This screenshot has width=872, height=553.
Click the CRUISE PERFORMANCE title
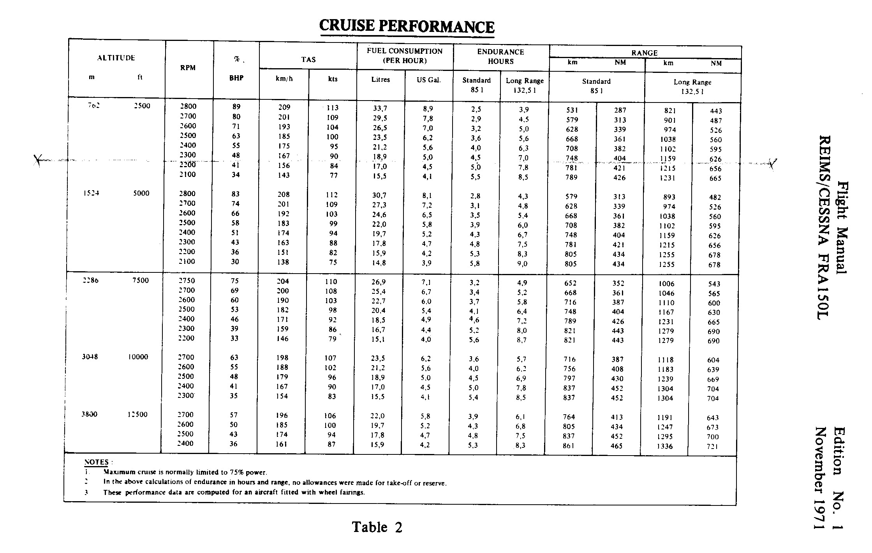(x=407, y=26)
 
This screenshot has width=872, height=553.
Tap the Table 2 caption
(x=377, y=527)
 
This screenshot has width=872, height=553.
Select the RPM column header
(x=188, y=68)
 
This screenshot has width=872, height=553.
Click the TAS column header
(x=308, y=60)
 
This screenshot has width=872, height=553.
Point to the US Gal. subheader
(x=428, y=80)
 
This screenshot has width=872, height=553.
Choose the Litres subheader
(x=381, y=80)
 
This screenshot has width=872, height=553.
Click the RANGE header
(x=644, y=53)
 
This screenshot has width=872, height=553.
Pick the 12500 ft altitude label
(x=137, y=414)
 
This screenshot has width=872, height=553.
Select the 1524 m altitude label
(x=92, y=193)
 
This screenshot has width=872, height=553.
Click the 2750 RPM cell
(x=186, y=281)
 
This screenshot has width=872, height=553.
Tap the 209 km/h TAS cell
(x=284, y=108)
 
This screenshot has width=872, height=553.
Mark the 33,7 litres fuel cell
(x=380, y=108)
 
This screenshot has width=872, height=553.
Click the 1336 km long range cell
(x=665, y=446)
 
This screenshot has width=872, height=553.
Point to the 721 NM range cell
(x=712, y=447)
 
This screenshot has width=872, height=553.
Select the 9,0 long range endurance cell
(x=522, y=264)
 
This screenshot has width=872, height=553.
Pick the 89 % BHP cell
(x=236, y=107)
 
